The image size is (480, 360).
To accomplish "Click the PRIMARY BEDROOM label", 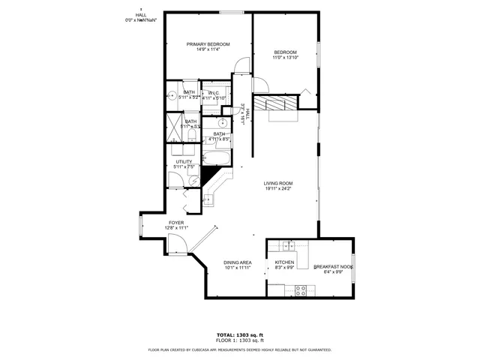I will coord(207,44).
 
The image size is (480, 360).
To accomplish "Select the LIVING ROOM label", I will coord(277,183).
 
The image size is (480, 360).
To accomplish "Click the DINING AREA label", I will coord(237,262).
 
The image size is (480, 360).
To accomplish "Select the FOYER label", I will coord(176,222).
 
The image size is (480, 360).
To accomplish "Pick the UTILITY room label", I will coord(184,161).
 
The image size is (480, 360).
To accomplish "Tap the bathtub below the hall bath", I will coord(223,158).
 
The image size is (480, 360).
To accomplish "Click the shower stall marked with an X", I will coord(171,125).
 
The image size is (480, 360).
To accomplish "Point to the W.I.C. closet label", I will coord(214,93).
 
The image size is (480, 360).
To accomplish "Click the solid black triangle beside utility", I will coord(209,175).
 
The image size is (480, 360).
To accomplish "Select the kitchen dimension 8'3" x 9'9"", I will coord(284,268).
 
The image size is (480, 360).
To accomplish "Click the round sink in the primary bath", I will coord(170,96).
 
